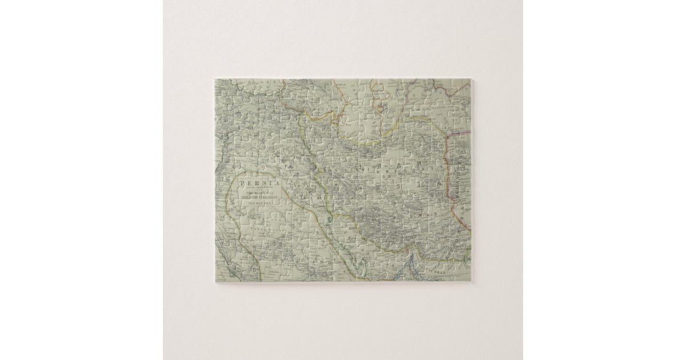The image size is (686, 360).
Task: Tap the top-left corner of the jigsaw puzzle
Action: click(215, 79)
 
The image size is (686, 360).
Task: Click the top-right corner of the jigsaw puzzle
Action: click(471, 79)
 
